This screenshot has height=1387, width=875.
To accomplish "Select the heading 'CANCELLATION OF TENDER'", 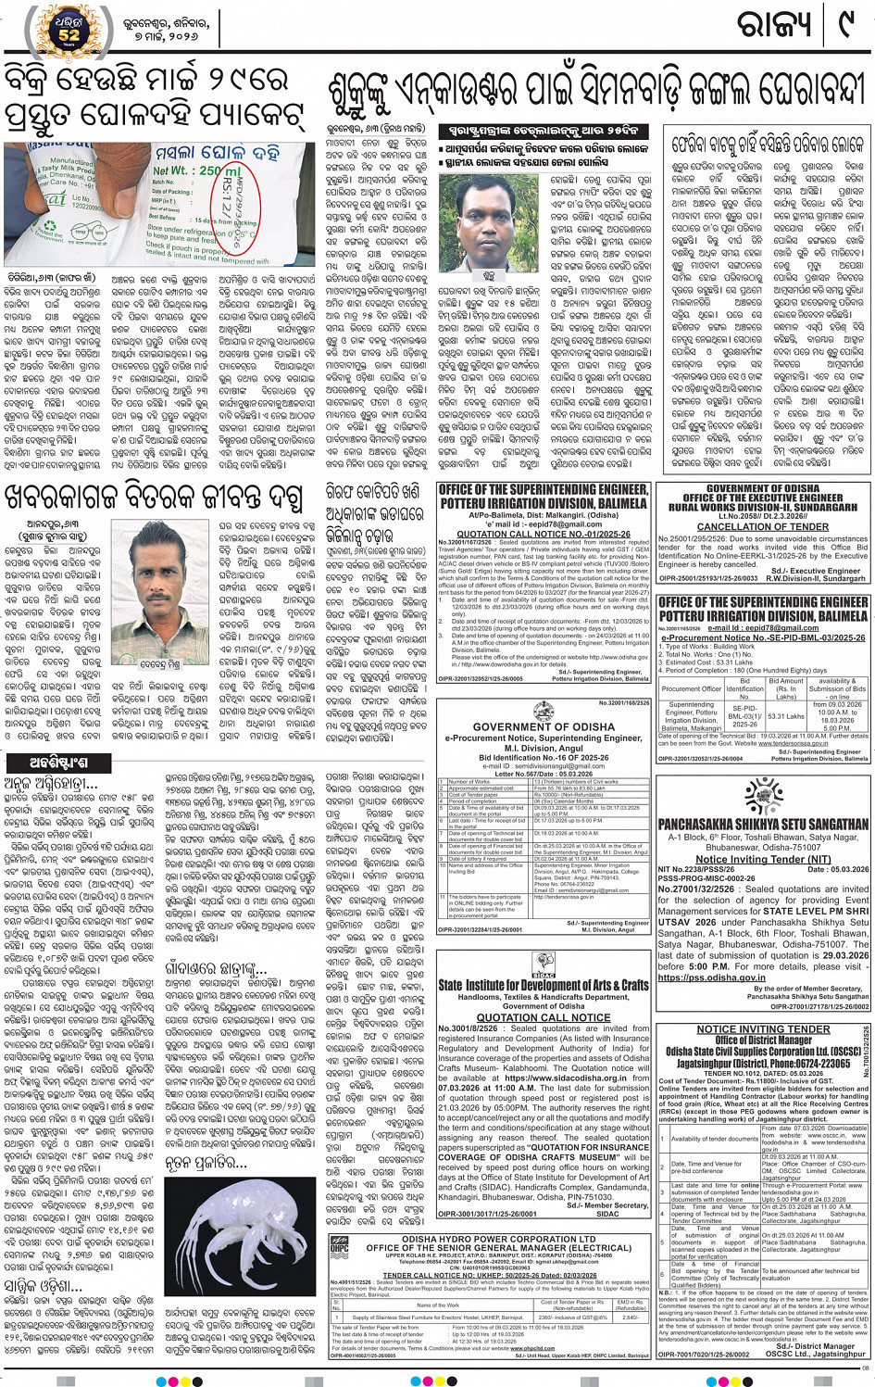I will pyautogui.click(x=762, y=527).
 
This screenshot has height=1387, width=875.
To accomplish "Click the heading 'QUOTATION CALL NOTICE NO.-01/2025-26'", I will pyautogui.click(x=544, y=535).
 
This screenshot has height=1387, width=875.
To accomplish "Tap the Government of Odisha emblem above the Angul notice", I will pyautogui.click(x=544, y=712).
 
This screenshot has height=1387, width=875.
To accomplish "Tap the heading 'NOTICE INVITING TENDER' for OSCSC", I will pyautogui.click(x=763, y=1029).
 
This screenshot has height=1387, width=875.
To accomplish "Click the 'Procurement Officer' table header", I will pyautogui.click(x=692, y=688).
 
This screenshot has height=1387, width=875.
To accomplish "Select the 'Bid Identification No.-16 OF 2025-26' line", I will pyautogui.click(x=544, y=757).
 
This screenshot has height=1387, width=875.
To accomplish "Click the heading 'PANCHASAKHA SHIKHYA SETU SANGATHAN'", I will pyautogui.click(x=763, y=824).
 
